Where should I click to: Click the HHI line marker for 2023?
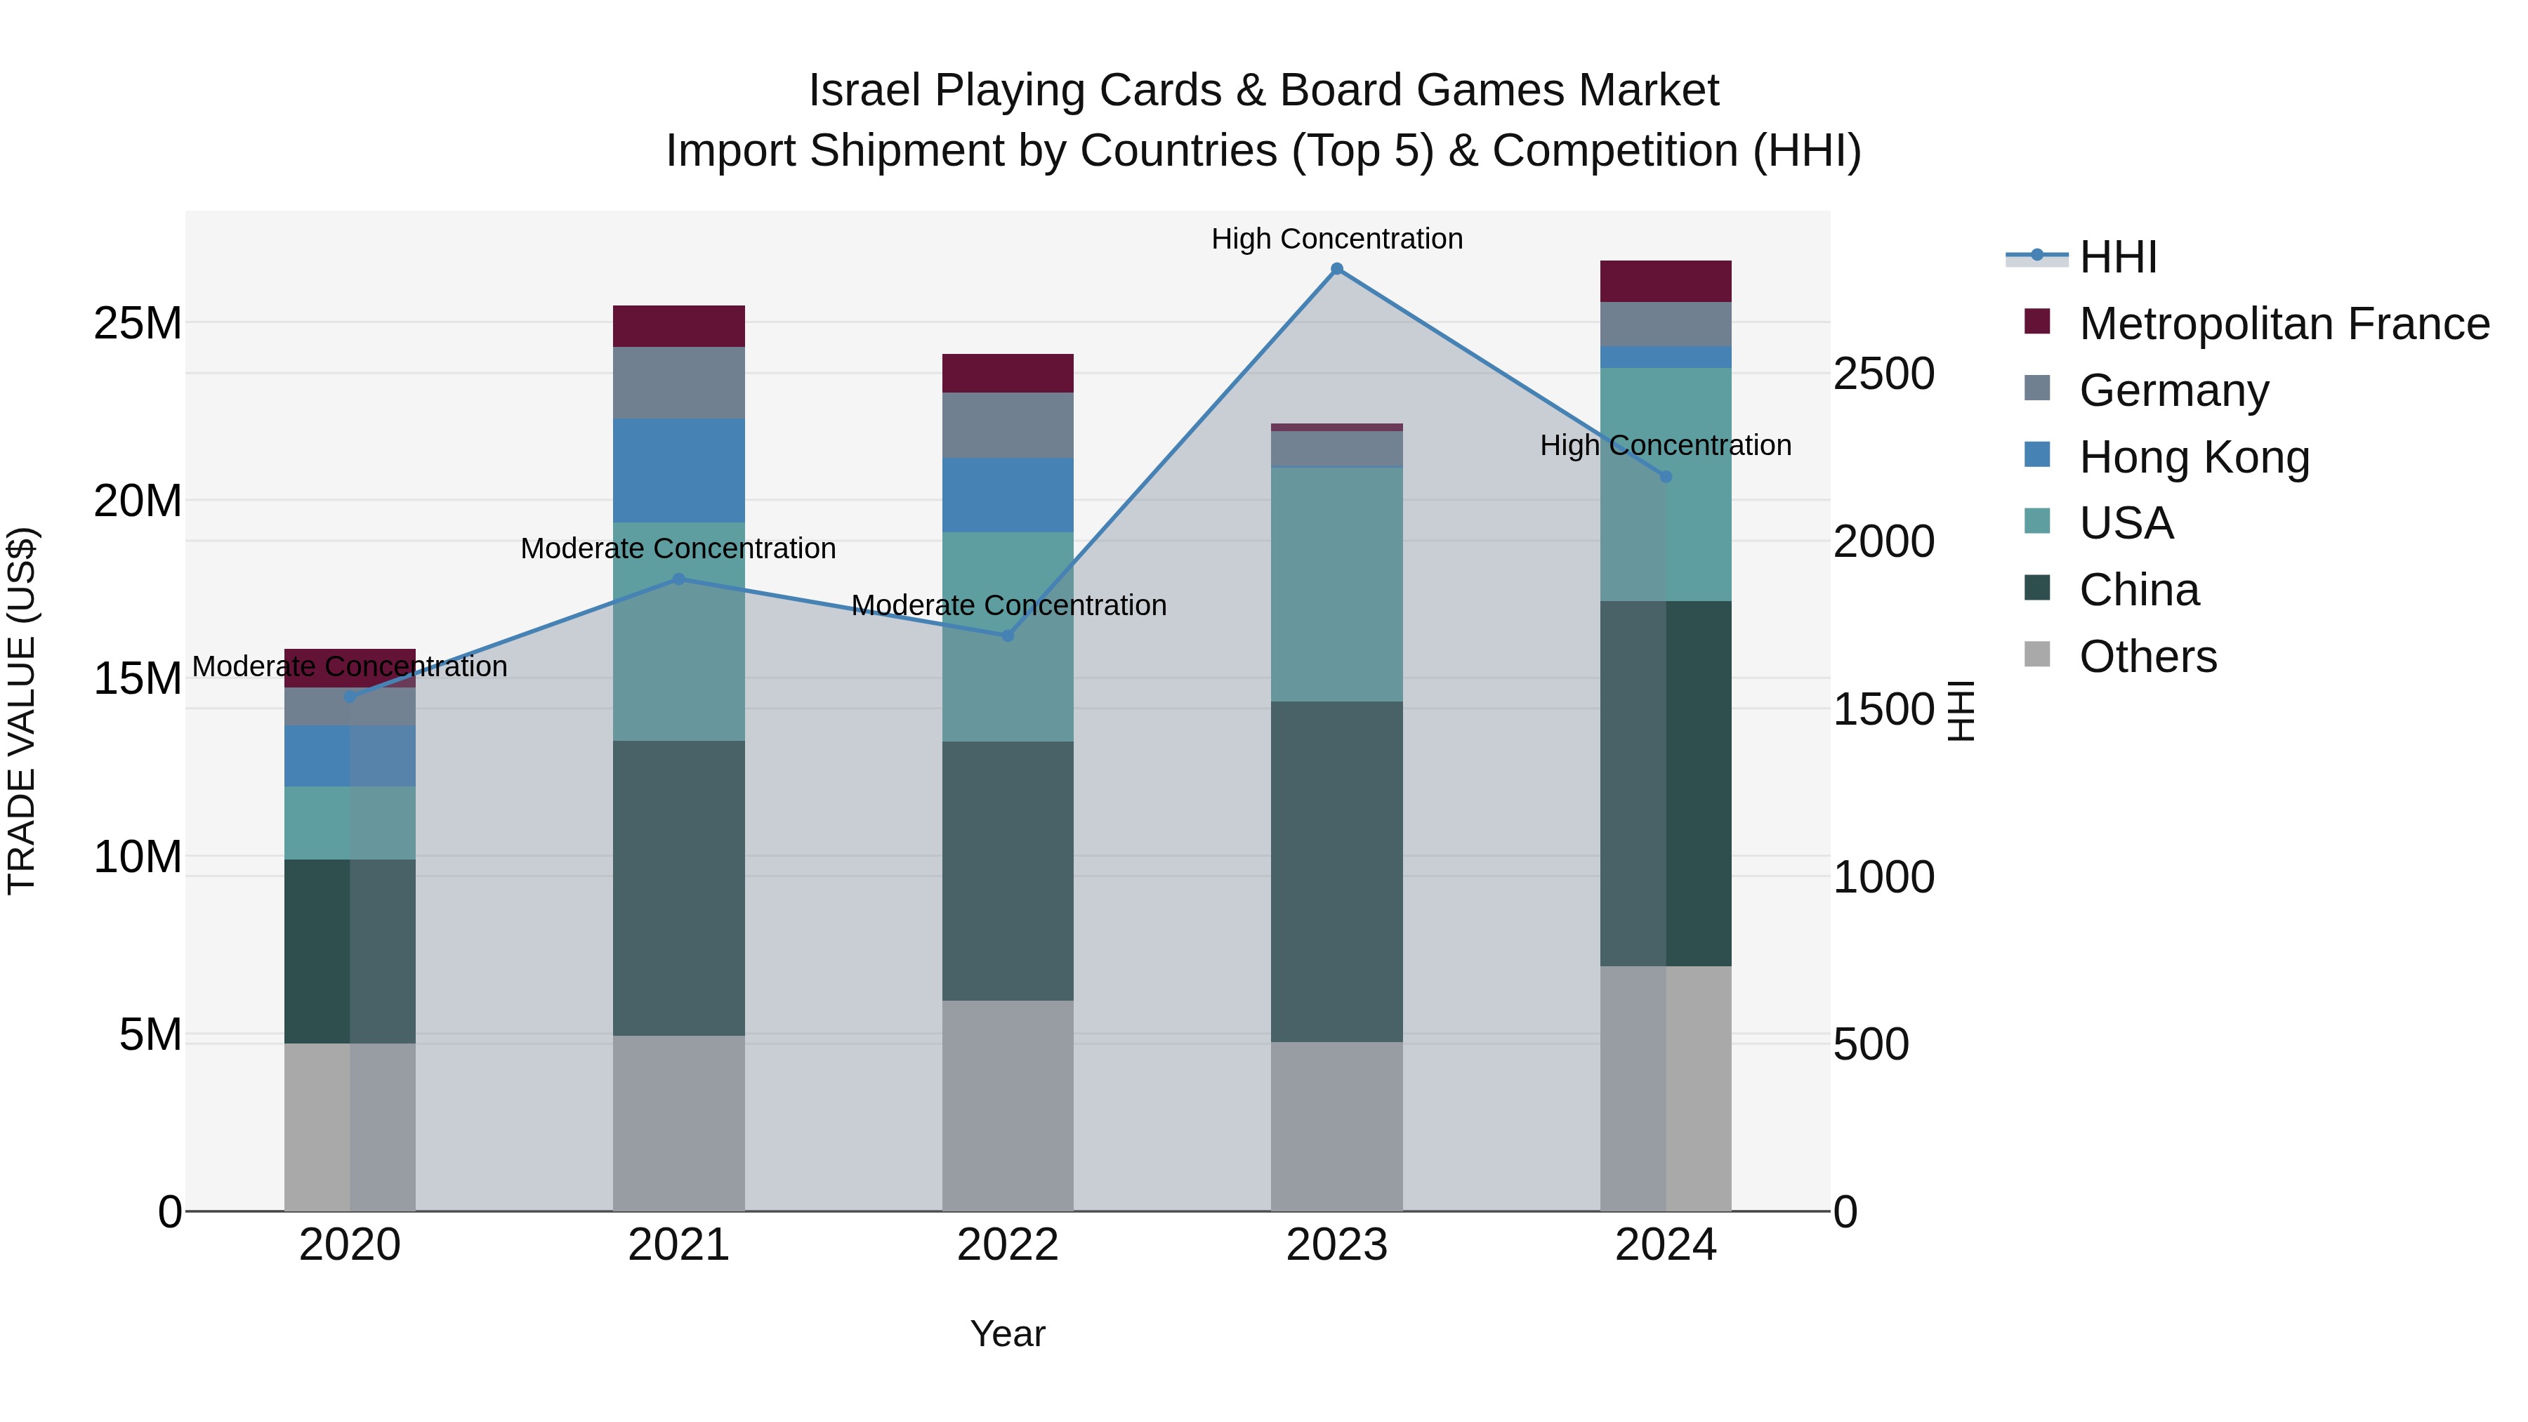point(1336,269)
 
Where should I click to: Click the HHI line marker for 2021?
point(678,579)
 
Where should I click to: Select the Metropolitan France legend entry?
point(2283,324)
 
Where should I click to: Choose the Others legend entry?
point(2147,657)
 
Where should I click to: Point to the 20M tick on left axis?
point(138,501)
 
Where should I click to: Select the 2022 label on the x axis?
point(1007,1245)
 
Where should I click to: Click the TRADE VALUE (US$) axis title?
point(22,711)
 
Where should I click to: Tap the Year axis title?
point(1007,1334)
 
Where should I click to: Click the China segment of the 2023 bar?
point(1336,871)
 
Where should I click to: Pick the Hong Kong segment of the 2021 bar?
point(678,470)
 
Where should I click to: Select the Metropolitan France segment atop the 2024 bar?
point(1666,281)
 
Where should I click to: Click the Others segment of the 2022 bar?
point(1007,1105)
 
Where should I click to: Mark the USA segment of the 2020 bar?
point(350,822)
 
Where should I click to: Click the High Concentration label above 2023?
point(1336,239)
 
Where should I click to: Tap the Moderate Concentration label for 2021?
point(678,548)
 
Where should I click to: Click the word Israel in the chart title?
point(864,91)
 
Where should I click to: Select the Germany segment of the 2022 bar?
point(1007,425)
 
